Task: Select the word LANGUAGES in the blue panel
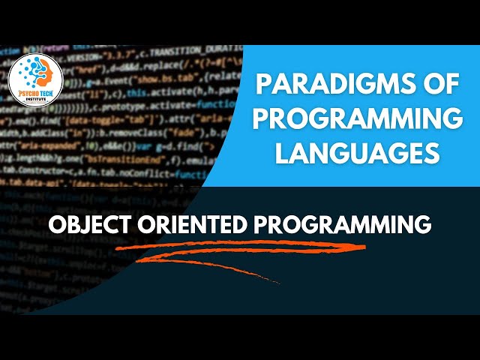click(x=355, y=154)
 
